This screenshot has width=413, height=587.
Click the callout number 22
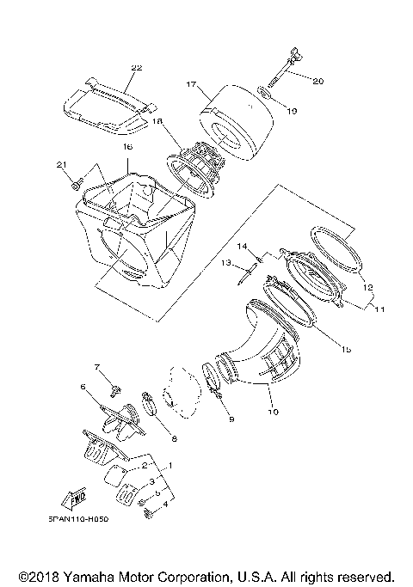[136, 66]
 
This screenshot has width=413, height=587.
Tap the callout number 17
[192, 85]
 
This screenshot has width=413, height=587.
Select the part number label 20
[317, 81]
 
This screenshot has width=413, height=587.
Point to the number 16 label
[127, 148]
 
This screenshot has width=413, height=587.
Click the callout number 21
[61, 164]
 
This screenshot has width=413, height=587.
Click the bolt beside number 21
[76, 183]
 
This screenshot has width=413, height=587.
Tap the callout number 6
[83, 388]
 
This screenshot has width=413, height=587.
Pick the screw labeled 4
[147, 513]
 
